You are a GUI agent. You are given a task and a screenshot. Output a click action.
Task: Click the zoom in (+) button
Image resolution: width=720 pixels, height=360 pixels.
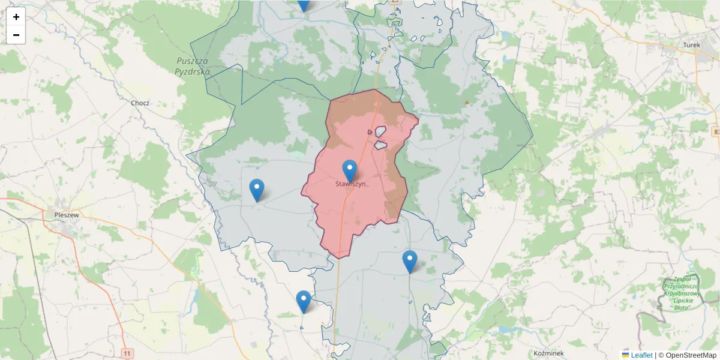tap(16, 17)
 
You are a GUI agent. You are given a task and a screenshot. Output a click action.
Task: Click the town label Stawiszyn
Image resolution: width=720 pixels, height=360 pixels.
tap(351, 184)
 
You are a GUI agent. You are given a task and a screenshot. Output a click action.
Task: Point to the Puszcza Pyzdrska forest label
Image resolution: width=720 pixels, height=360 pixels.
tap(192, 66)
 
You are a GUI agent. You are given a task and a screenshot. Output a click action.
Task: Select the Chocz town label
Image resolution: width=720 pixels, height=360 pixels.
tap(140, 103)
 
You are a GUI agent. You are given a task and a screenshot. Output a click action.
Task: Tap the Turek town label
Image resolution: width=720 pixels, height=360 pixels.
tap(692, 45)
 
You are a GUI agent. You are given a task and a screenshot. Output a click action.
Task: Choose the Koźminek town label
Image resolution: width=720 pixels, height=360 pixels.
tap(548, 353)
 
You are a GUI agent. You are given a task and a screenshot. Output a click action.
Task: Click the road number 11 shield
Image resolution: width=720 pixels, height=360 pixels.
tap(127, 353)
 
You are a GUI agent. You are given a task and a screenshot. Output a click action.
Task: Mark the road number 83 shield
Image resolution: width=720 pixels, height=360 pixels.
tap(716, 131)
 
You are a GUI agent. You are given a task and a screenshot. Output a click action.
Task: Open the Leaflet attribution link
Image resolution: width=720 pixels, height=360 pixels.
tap(641, 355)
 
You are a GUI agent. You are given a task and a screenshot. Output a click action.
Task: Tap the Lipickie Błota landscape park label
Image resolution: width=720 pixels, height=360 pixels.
tap(677, 293)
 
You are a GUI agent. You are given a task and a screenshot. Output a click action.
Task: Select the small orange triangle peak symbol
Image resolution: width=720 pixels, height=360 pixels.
tap(467, 103)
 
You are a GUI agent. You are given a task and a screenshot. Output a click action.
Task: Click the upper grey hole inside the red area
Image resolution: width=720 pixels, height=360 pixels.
tap(380, 131)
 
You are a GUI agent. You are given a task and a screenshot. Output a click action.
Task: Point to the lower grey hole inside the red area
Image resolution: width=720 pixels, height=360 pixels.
tap(380, 145)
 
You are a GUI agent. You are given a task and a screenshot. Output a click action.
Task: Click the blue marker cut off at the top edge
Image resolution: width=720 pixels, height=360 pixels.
tap(304, 5)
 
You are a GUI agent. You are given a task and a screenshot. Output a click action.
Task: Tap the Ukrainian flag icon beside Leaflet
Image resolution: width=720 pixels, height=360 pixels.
tap(625, 355)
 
